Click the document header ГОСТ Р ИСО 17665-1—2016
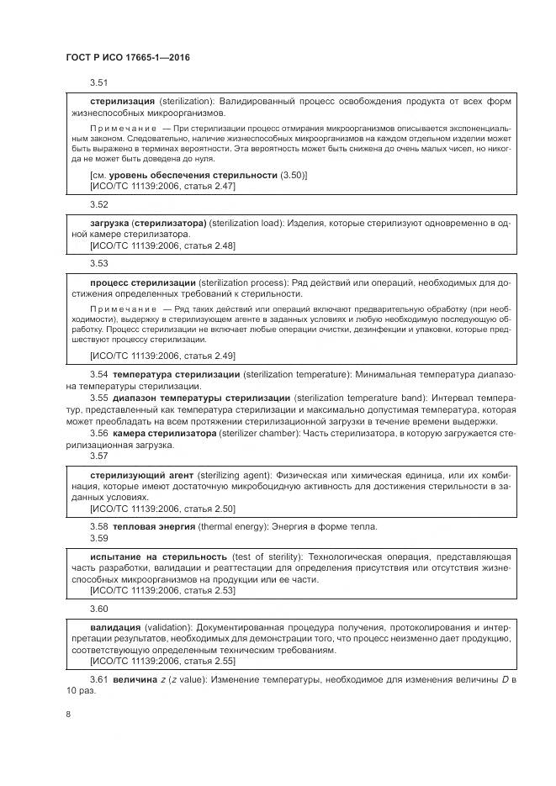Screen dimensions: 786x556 (127, 58)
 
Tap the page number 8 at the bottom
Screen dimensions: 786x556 (68, 715)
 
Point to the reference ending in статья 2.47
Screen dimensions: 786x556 (162, 186)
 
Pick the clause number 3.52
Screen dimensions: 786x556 (99, 204)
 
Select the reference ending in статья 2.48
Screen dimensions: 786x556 (162, 245)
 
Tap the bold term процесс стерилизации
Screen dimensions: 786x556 (143, 282)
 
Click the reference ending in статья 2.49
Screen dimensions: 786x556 (162, 356)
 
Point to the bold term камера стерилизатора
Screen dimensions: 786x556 (164, 433)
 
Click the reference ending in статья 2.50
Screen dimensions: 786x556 (162, 509)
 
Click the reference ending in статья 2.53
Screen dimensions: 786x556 (162, 591)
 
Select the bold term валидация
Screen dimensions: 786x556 (115, 627)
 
